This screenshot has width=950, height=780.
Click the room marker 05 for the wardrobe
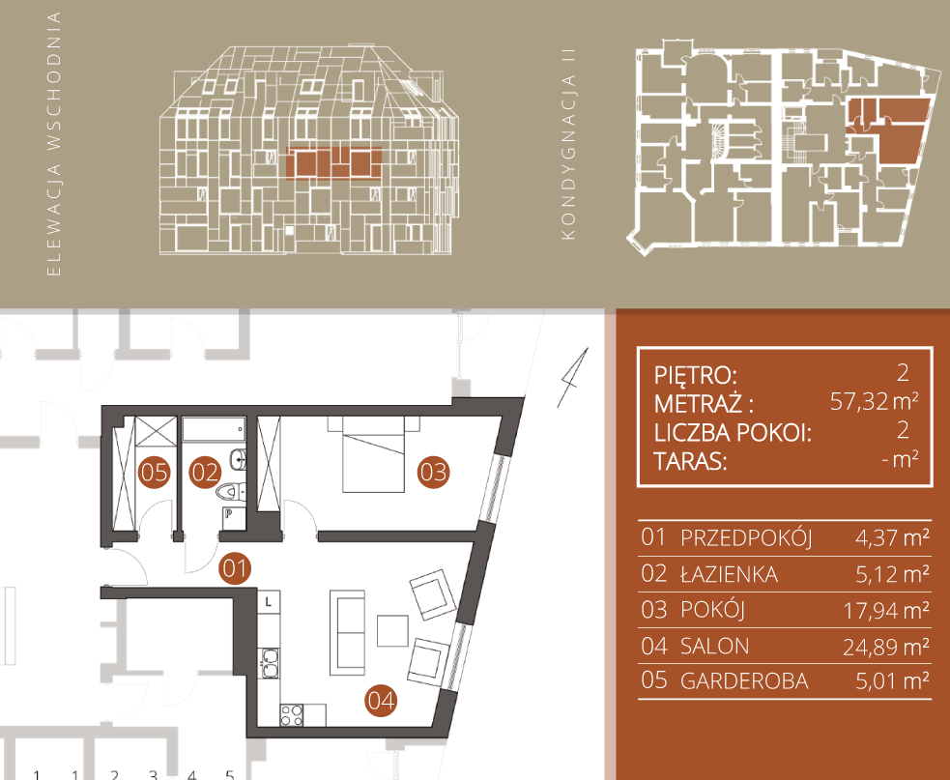(x=154, y=472)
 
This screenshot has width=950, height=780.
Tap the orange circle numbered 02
(x=205, y=472)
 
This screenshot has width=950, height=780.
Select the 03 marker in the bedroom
(x=433, y=472)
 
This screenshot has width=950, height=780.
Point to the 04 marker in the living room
(x=381, y=701)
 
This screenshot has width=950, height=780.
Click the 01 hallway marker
(x=235, y=568)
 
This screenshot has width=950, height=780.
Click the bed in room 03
(x=373, y=454)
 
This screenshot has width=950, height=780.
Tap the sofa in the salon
(x=347, y=632)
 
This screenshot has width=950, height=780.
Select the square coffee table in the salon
(x=392, y=631)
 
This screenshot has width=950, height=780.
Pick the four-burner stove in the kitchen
(x=292, y=715)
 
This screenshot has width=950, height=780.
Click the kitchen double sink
(x=270, y=662)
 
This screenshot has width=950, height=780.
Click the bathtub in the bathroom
(x=214, y=428)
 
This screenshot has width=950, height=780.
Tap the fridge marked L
(x=269, y=602)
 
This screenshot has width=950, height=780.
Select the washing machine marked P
(x=233, y=518)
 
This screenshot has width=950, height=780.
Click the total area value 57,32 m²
(x=874, y=401)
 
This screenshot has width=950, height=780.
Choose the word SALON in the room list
(x=715, y=646)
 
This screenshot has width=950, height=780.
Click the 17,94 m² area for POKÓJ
(x=886, y=611)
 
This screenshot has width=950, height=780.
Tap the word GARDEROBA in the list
(x=744, y=681)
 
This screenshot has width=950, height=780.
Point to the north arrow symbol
(x=573, y=378)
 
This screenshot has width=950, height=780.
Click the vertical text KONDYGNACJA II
(x=567, y=145)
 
